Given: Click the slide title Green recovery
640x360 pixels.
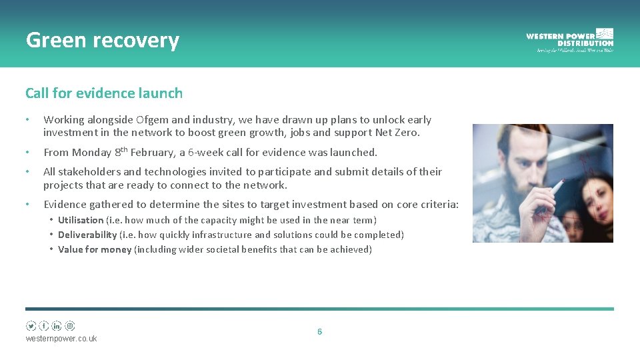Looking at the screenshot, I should [x=103, y=41].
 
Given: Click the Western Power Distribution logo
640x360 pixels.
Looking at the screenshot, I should [x=569, y=40].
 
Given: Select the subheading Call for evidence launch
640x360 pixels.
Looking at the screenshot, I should [x=104, y=93].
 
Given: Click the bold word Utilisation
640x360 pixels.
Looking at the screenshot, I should [x=81, y=220].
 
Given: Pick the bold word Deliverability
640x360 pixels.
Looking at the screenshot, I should [x=87, y=235].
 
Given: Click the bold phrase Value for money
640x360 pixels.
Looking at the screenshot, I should [x=95, y=249].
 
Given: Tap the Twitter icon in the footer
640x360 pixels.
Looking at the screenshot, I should [x=31, y=326].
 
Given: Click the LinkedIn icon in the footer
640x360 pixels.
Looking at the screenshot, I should [x=57, y=326].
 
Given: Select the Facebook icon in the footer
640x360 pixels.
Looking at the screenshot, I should [x=44, y=326].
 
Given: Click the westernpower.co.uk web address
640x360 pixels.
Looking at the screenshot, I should [x=61, y=339].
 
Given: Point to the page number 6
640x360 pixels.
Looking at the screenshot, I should [x=319, y=331].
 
